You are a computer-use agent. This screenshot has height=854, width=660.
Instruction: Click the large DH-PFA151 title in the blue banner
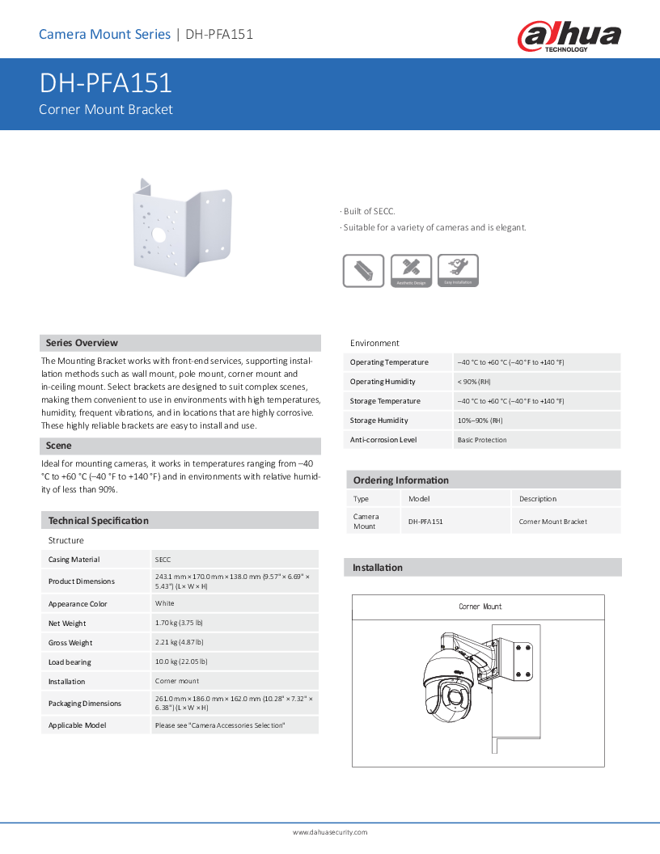105,84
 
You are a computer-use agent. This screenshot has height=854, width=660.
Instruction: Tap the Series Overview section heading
82,343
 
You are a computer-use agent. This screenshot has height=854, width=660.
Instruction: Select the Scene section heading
58,446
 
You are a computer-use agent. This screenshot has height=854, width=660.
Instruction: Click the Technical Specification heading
98,521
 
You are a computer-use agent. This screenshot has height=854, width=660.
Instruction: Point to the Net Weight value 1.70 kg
179,624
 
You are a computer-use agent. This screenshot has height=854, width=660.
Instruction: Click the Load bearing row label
70,662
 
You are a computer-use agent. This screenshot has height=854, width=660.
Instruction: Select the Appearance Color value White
165,604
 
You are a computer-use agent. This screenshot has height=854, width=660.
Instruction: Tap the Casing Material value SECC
163,560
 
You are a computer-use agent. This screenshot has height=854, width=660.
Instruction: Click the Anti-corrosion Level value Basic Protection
482,440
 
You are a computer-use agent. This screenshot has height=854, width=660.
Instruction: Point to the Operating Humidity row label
383,382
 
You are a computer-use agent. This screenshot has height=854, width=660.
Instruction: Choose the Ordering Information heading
400,480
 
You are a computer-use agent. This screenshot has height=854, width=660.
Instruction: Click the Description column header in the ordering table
538,499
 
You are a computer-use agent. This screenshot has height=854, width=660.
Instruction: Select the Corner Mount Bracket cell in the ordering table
553,522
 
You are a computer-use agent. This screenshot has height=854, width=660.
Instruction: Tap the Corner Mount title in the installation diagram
480,607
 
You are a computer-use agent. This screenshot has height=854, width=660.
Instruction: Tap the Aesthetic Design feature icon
411,270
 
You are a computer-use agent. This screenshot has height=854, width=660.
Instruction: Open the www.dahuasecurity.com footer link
330,832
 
